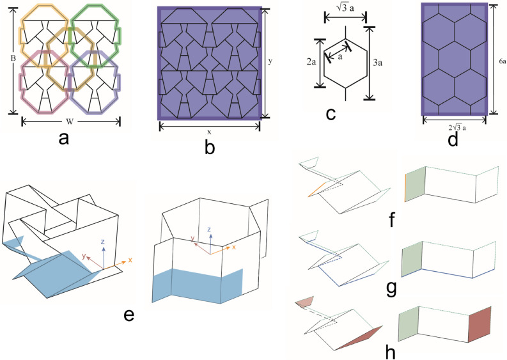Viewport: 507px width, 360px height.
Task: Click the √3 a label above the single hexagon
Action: [x=343, y=10]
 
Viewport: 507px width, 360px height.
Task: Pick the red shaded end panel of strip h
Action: [x=481, y=326]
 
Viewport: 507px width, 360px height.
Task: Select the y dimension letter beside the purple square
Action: [x=270, y=61]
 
